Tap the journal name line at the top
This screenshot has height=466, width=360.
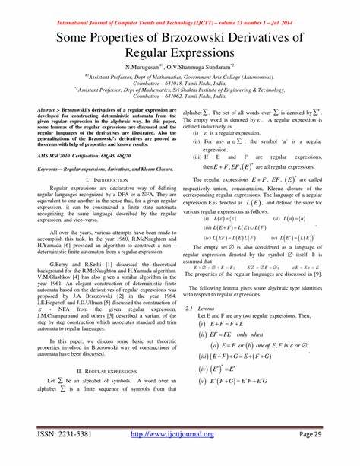(179, 6)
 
